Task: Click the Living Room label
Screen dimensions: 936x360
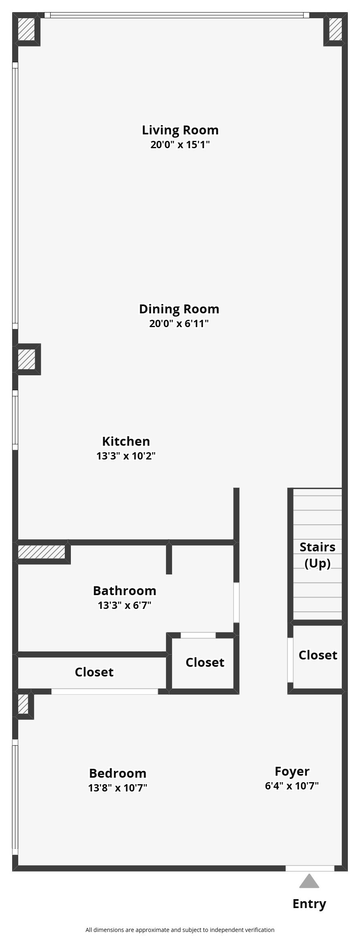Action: pyautogui.click(x=180, y=130)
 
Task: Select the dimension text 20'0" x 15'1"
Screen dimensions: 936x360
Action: pyautogui.click(x=180, y=145)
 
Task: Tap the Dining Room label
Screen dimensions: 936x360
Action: pyautogui.click(x=179, y=309)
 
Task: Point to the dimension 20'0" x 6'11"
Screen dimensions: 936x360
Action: pyautogui.click(x=179, y=323)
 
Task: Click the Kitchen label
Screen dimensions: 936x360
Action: pyautogui.click(x=126, y=441)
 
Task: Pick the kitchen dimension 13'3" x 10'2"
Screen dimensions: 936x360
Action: pyautogui.click(x=126, y=456)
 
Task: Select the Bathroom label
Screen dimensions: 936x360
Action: pyautogui.click(x=124, y=591)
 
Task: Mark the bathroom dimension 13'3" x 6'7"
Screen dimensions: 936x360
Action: pyautogui.click(x=124, y=605)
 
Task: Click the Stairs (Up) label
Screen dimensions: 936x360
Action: pyautogui.click(x=317, y=555)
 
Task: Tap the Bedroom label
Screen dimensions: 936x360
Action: pyautogui.click(x=117, y=773)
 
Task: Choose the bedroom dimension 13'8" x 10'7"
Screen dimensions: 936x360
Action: pyautogui.click(x=117, y=788)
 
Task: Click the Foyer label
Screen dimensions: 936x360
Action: pyautogui.click(x=292, y=771)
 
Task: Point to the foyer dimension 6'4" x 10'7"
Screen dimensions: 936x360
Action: pyautogui.click(x=292, y=786)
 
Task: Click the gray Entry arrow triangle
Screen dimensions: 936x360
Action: pyautogui.click(x=309, y=881)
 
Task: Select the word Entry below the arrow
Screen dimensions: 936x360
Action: pyautogui.click(x=309, y=904)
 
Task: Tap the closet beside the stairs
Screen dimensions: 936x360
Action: pyautogui.click(x=317, y=655)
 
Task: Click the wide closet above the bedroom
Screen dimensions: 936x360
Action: pyautogui.click(x=94, y=672)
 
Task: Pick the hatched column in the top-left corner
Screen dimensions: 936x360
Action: pyautogui.click(x=27, y=29)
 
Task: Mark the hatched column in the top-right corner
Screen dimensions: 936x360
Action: pyautogui.click(x=335, y=29)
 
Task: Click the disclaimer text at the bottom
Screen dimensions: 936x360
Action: pyautogui.click(x=180, y=930)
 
